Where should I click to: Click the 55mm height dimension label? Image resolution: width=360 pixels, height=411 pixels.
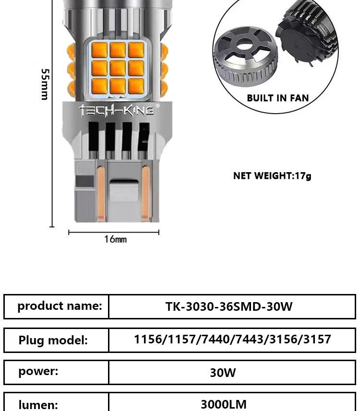(45, 84)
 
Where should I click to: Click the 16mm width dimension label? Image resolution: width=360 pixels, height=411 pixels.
(115, 239)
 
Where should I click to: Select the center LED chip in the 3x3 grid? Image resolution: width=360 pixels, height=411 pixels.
(118, 68)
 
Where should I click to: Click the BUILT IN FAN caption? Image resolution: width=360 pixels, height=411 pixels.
(277, 98)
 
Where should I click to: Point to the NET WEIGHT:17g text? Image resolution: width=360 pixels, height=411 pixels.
(272, 176)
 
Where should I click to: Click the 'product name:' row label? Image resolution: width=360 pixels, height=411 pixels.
(60, 306)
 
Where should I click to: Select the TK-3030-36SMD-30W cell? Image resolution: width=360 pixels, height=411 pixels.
(229, 306)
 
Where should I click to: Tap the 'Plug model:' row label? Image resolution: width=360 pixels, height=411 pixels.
(53, 340)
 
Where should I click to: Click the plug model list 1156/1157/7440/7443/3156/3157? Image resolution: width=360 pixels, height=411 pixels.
(232, 340)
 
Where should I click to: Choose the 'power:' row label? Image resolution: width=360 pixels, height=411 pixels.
(38, 371)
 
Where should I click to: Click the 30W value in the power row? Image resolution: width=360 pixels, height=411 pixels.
(223, 373)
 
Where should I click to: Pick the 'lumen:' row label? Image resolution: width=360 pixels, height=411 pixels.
(38, 404)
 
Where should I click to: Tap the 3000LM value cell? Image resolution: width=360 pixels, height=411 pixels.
(224, 404)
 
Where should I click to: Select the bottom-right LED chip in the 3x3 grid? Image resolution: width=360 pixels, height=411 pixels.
(136, 85)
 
